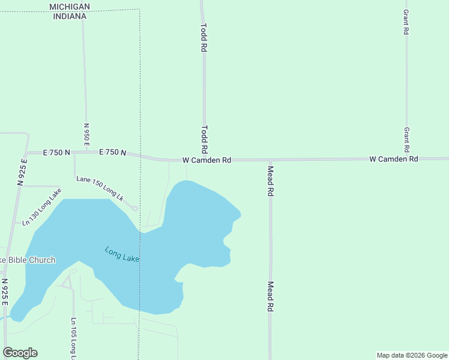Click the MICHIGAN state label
pos(70,7)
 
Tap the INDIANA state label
pos(70,16)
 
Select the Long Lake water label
pos(122,254)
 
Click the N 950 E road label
pos(86,135)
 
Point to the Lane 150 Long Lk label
pos(100,188)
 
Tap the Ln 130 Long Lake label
pos(42,207)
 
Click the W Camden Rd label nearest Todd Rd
pos(206,160)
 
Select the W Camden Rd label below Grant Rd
pos(393,159)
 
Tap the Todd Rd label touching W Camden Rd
pos(204,139)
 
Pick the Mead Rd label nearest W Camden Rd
pos(271,182)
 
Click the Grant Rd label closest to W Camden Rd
pos(406,139)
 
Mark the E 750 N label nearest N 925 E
pos(56,153)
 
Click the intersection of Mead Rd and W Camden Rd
pos(271,160)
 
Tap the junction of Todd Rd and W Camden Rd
pos(204,160)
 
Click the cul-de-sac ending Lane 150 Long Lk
pos(134,208)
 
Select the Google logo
pos(20,353)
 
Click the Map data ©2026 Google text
pos(412,355)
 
